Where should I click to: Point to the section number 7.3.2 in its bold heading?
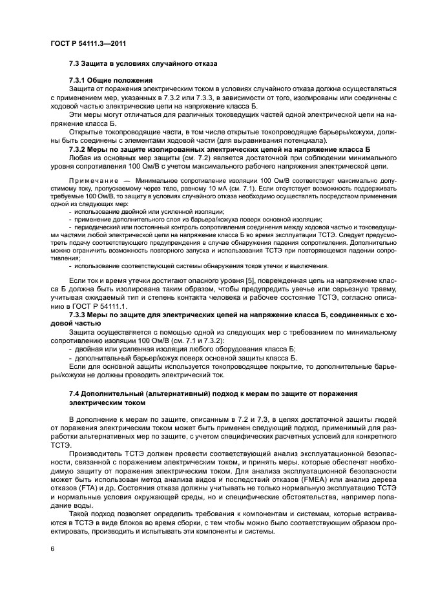[80, 149]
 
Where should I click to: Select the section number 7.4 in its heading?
[76, 393]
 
